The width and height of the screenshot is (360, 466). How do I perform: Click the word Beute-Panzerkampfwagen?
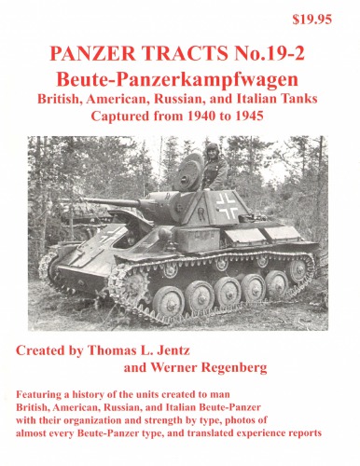coord(179,78)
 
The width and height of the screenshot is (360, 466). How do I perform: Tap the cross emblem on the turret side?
coord(227,208)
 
